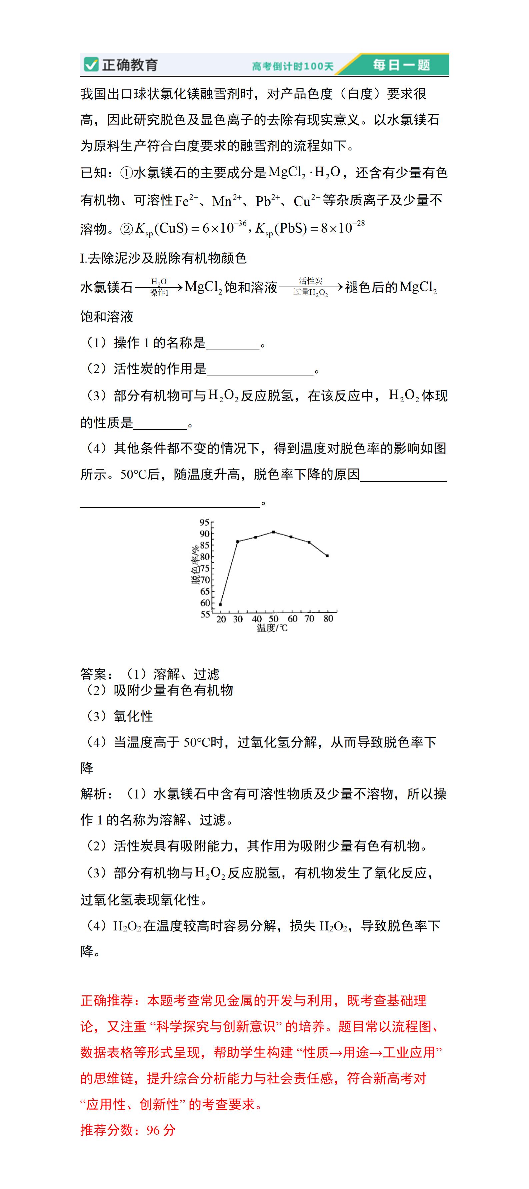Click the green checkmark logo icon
(x=91, y=65)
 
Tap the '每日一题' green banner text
(x=401, y=65)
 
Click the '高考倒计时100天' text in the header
(x=292, y=66)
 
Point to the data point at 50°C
(x=274, y=532)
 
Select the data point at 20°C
(x=221, y=604)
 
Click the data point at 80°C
(x=327, y=556)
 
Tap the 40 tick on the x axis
(x=257, y=618)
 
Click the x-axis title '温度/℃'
(x=272, y=628)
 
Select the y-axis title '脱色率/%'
(x=196, y=565)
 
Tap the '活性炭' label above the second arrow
(x=311, y=281)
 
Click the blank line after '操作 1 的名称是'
(x=233, y=344)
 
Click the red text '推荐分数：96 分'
(x=128, y=1130)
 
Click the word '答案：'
(x=97, y=674)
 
